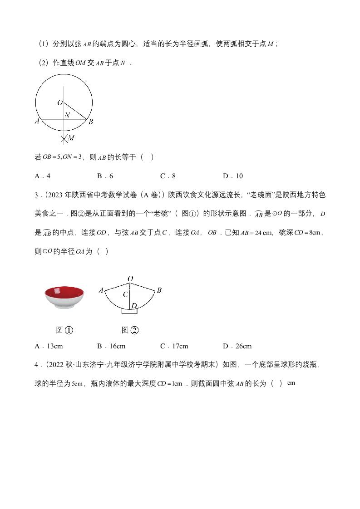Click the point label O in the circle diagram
click(x=60, y=103)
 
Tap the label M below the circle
click(x=71, y=138)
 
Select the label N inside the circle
click(x=67, y=115)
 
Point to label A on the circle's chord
click(x=37, y=121)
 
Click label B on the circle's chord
click(x=91, y=122)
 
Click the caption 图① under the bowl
click(x=64, y=330)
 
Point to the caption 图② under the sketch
click(x=130, y=330)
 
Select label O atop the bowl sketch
click(x=130, y=279)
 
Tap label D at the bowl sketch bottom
click(x=134, y=307)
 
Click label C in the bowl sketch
click(x=126, y=294)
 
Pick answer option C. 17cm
click(x=174, y=346)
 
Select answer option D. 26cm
click(x=237, y=346)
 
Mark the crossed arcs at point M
click(x=65, y=138)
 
